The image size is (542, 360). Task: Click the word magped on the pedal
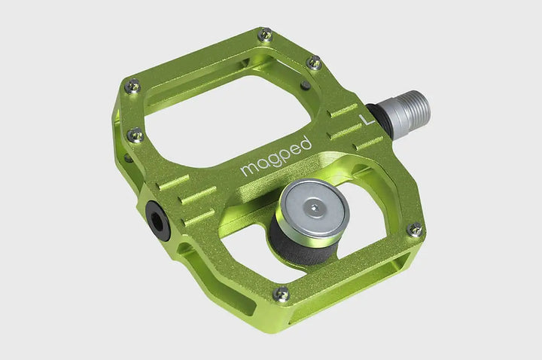pos(276,157)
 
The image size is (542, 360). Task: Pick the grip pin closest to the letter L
pos(315,63)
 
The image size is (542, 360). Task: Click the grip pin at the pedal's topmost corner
pos(264,35)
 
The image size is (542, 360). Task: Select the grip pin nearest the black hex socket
pos(135,135)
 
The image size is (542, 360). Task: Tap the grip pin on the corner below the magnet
pos(282,294)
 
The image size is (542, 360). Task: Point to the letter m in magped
pos(248,170)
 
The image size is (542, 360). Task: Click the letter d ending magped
pos(306,142)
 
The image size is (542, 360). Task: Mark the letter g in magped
pos(272,161)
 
